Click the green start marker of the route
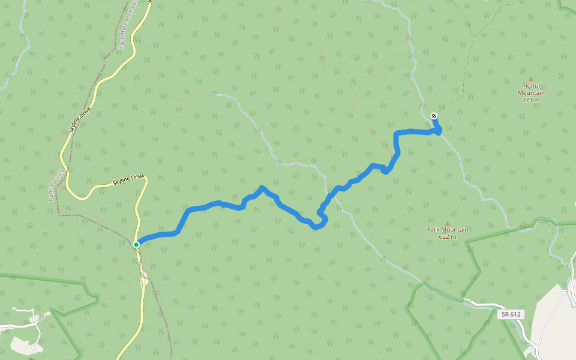pyautogui.click(x=136, y=245)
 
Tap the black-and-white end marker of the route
pyautogui.click(x=434, y=116)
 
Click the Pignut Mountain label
pyautogui.click(x=531, y=89)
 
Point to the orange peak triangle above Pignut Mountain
pyautogui.click(x=531, y=79)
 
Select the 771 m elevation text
pyautogui.click(x=531, y=100)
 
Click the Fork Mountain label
pyautogui.click(x=448, y=229)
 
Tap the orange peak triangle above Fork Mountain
pyautogui.click(x=447, y=223)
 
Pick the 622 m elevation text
pyautogui.click(x=448, y=236)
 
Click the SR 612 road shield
pyautogui.click(x=511, y=314)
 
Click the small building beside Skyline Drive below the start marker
pyautogui.click(x=144, y=279)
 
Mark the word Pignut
pyautogui.click(x=531, y=86)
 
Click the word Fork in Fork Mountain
pyautogui.click(x=433, y=229)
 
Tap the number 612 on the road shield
pyautogui.click(x=514, y=314)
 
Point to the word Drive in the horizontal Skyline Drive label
pyautogui.click(x=138, y=177)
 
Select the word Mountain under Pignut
pyautogui.click(x=531, y=93)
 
